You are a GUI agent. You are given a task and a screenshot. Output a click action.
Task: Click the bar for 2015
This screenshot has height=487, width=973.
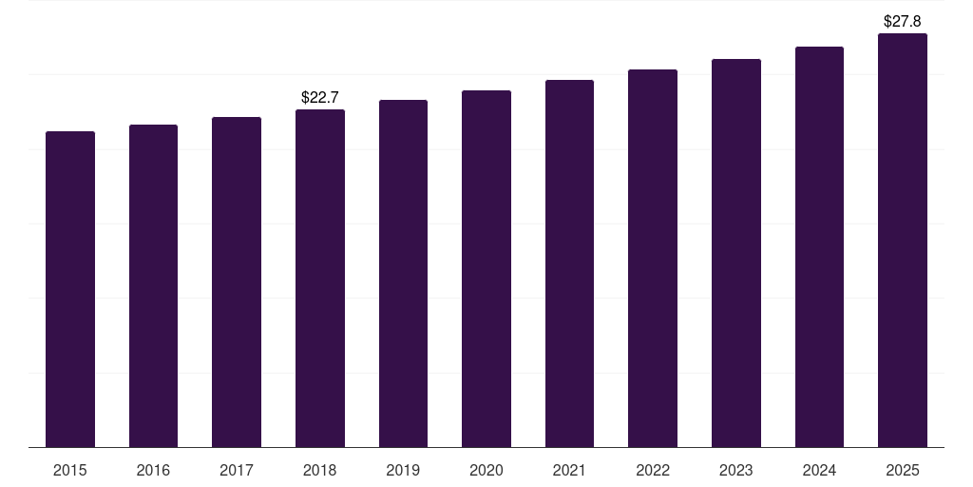pos(70,289)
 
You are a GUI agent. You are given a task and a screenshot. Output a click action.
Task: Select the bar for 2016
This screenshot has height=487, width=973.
pos(153,285)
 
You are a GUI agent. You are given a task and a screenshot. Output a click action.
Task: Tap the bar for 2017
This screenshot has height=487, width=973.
pos(237,282)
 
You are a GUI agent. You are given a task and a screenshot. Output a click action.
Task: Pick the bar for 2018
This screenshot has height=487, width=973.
pos(320,278)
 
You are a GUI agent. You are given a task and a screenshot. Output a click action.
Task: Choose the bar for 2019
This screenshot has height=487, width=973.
pos(403,273)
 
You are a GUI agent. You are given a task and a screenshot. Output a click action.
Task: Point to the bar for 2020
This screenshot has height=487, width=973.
pos(486,268)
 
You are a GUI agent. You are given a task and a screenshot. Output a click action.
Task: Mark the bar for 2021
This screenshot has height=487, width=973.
pos(569,263)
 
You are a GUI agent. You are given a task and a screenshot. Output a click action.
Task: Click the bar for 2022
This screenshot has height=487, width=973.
pos(653,258)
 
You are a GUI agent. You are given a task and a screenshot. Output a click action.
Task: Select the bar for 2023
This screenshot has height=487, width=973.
pos(736,253)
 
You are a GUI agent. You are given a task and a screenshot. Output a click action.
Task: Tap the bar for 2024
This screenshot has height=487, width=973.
pos(819,246)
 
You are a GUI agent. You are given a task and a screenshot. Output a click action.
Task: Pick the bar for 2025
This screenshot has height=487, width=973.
pos(903,240)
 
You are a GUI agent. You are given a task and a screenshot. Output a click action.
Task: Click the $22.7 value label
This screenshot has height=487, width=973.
pos(320,97)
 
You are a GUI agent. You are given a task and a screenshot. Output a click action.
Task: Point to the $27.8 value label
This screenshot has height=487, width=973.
pos(903,21)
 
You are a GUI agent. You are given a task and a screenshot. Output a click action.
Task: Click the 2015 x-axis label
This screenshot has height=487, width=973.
pos(70,470)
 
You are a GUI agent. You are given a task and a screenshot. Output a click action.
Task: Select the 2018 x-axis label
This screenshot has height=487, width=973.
pos(320,470)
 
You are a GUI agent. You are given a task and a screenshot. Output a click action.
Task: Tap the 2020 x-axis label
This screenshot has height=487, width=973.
pos(486,470)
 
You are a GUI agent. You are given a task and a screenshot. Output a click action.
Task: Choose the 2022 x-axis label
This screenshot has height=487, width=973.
pos(653,470)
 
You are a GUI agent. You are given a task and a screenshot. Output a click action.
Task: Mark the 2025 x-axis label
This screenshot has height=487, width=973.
pos(903,470)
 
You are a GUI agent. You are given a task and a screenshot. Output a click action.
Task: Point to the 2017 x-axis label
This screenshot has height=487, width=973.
pos(237,470)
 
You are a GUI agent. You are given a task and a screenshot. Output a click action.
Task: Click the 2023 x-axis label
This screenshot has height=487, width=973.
pos(736,470)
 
